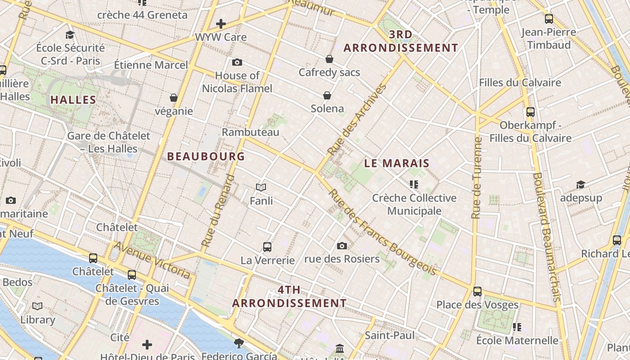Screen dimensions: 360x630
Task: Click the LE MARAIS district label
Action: click(397, 163)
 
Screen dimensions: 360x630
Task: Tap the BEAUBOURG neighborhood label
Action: click(206, 157)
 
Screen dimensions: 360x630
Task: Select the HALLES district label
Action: click(73, 100)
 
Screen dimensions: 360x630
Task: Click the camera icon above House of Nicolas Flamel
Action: click(237, 62)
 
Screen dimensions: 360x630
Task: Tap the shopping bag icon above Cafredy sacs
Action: click(329, 59)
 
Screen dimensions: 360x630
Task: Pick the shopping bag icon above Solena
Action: click(327, 95)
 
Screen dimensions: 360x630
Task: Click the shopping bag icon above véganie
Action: click(174, 98)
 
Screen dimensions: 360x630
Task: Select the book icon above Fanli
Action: click(261, 187)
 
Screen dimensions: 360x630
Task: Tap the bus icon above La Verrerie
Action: click(267, 247)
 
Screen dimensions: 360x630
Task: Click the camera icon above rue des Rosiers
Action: click(342, 246)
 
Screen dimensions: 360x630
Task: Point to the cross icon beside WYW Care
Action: click(221, 24)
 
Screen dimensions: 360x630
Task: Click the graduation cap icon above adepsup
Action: click(580, 184)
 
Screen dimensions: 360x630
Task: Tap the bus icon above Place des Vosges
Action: click(477, 292)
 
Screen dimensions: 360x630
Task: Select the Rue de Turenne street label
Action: click(477, 178)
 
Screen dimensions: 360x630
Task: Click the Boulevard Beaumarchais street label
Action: click(547, 236)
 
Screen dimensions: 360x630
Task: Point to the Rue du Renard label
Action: click(218, 211)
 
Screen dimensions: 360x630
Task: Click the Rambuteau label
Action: click(251, 132)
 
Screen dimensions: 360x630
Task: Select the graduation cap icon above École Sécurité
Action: click(70, 35)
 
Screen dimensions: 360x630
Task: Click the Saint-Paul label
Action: click(390, 335)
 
